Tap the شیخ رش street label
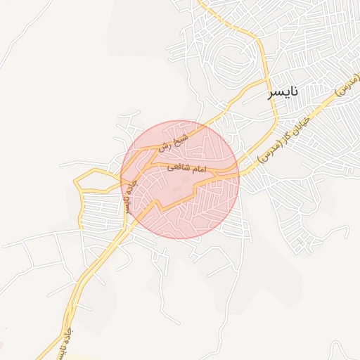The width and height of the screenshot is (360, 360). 173,140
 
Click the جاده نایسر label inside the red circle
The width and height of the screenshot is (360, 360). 127,195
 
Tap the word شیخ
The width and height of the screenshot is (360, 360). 180,135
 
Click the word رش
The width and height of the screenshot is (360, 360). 165,146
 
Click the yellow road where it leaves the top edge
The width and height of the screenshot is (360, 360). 202,3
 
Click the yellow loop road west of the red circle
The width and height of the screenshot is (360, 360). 91,181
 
